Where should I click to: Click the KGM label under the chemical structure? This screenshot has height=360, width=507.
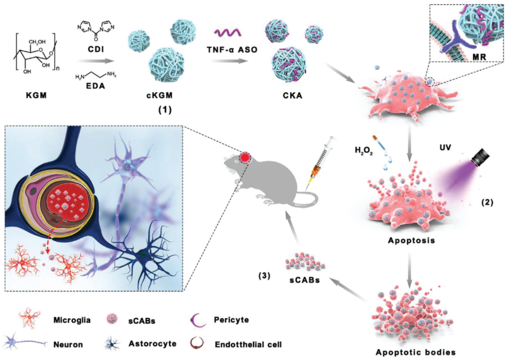click(36, 96)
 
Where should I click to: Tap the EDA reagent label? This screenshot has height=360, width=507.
click(96, 86)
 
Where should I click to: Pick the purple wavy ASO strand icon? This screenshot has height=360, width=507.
click(227, 32)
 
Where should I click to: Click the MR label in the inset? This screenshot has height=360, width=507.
click(479, 57)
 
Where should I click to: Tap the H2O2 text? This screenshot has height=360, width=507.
click(364, 151)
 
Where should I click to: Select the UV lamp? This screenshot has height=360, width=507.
click(480, 157)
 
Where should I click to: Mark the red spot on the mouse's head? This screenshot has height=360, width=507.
click(245, 157)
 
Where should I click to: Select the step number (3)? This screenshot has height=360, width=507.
click(264, 276)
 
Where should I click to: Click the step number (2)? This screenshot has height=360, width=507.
click(487, 203)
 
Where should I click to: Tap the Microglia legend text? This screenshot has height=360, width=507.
click(72, 320)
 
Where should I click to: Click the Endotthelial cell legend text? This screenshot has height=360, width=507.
click(248, 345)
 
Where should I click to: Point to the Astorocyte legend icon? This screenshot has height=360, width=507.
click(111, 344)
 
